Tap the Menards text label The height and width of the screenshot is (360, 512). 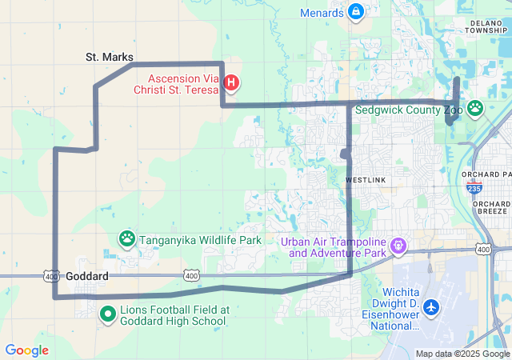[x=322, y=13]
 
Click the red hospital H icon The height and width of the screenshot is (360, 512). [x=231, y=81]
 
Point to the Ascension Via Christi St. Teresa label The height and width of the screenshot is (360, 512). [x=182, y=85]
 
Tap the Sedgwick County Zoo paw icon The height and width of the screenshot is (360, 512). [x=475, y=107]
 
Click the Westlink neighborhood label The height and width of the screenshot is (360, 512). [x=366, y=180]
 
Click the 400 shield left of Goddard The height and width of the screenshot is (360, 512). [x=52, y=276]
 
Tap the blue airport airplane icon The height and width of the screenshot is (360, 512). [x=431, y=306]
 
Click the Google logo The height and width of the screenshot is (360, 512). [x=27, y=350]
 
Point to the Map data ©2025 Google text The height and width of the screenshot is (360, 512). [x=462, y=354]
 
